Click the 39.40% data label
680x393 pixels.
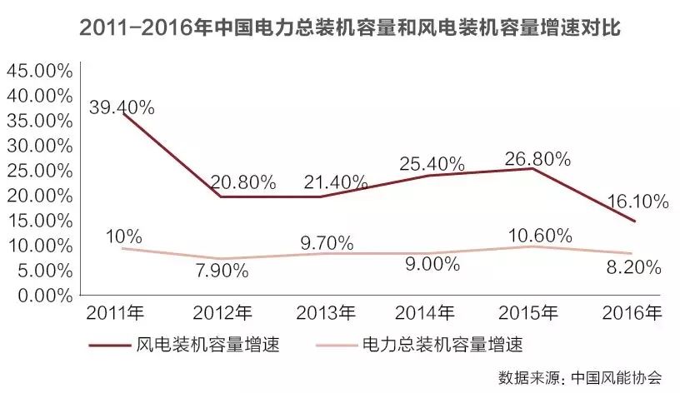coord(123,107)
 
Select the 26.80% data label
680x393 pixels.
coord(536,158)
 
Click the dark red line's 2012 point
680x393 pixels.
coord(220,196)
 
